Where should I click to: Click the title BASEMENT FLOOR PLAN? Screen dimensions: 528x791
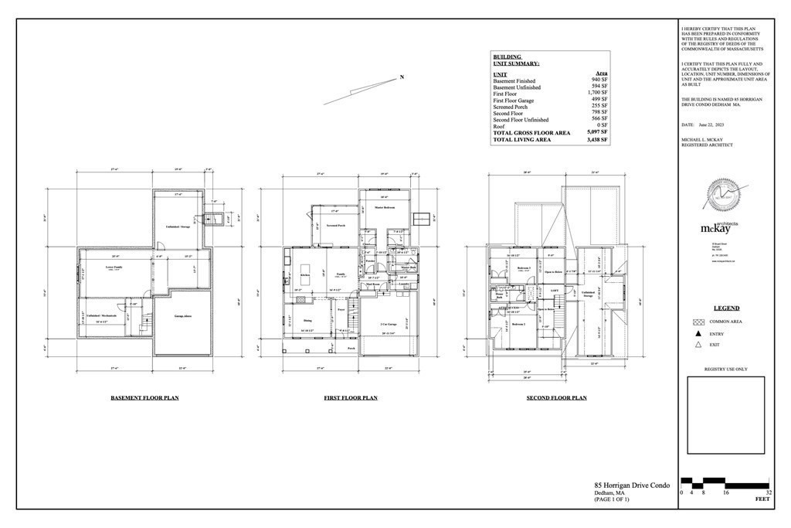[145, 398]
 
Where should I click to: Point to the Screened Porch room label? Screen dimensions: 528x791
[334, 226]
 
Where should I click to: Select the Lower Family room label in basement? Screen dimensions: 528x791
[114, 267]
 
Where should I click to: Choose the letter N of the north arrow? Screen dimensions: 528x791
[401, 77]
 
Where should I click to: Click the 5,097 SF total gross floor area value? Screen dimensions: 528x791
[598, 133]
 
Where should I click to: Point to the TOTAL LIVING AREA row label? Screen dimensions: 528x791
[521, 140]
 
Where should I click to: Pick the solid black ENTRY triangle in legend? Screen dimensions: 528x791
[698, 334]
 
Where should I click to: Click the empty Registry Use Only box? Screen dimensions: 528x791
[725, 415]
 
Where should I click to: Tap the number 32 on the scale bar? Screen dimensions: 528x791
[769, 492]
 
